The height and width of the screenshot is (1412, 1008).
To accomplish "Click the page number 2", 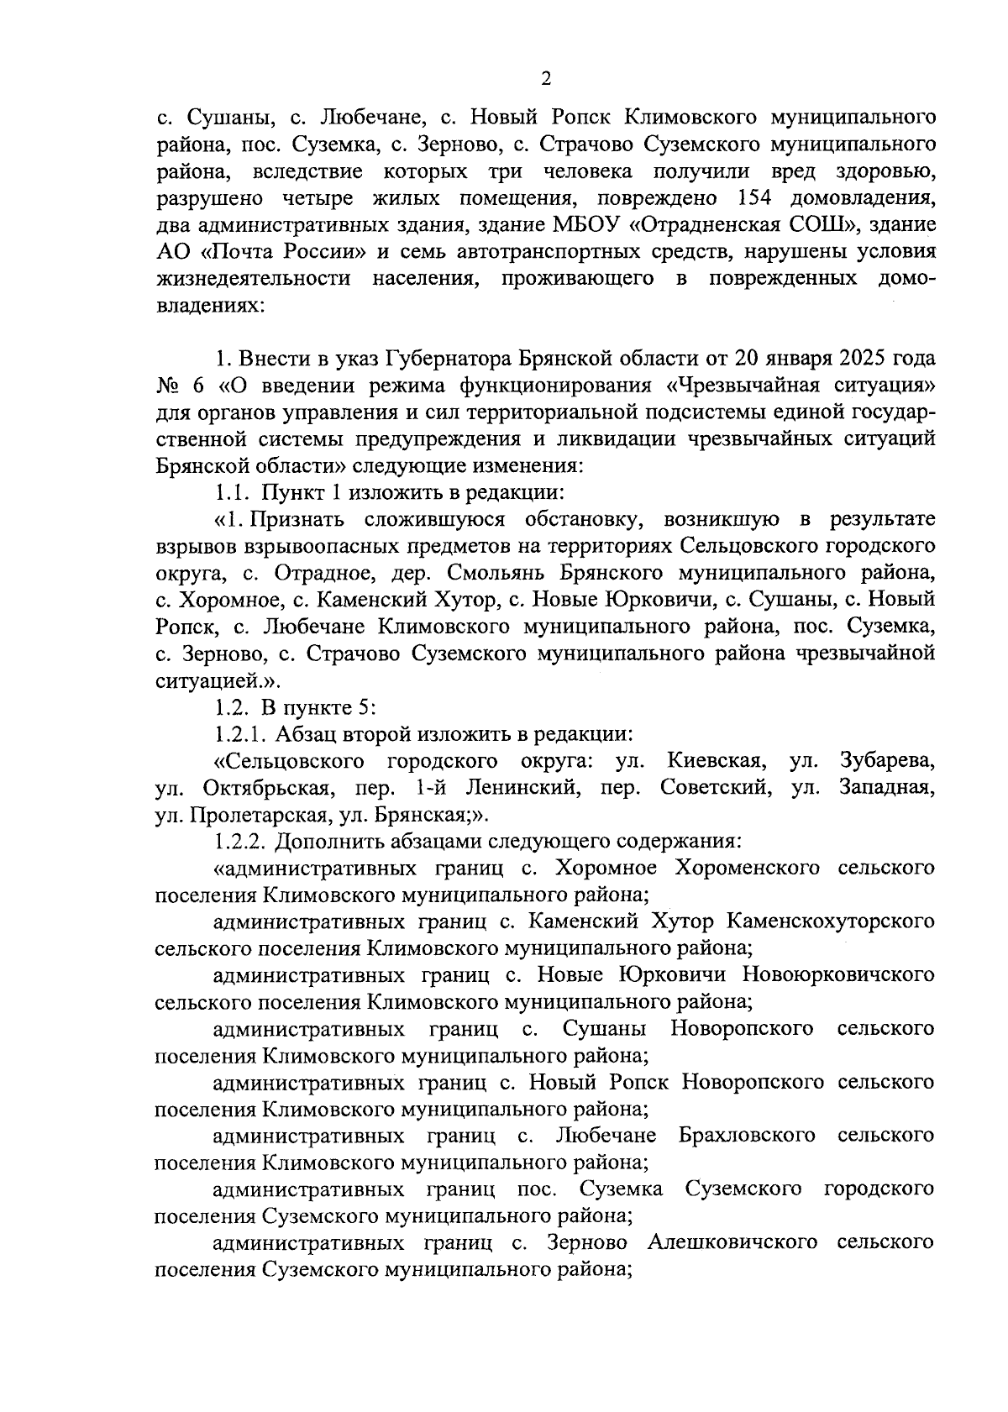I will click(x=545, y=79).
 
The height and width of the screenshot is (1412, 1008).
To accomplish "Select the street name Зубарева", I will click(x=886, y=761).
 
